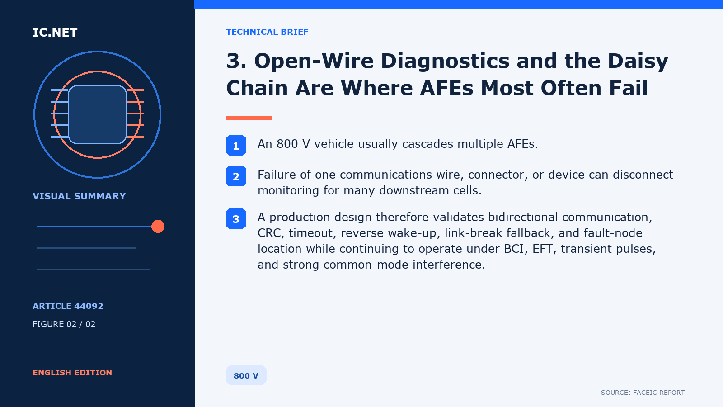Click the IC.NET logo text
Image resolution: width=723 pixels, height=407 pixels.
coord(55,32)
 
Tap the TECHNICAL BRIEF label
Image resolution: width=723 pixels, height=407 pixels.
coord(267,32)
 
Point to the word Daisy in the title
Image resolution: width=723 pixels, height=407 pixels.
coord(638,62)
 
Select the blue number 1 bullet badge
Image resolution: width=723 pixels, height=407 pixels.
coord(236,145)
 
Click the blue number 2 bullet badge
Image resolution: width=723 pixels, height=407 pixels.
coord(236,176)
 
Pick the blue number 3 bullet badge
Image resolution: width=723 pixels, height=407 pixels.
coord(236,219)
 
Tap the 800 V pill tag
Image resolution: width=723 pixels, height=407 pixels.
coord(246,375)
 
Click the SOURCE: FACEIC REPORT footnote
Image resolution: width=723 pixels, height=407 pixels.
coord(643,393)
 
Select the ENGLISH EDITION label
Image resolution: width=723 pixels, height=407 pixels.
coord(72,373)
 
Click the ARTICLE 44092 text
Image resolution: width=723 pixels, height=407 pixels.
coord(68,306)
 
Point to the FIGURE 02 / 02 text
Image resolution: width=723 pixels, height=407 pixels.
coord(64,324)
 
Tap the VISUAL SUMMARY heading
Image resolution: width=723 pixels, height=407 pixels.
coord(79,196)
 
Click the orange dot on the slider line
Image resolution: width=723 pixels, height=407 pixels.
coord(158,226)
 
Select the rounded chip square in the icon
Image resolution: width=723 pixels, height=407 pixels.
coord(97,114)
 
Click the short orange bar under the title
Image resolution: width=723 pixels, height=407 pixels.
coord(249,118)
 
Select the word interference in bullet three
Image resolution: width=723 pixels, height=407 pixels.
coord(449,265)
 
